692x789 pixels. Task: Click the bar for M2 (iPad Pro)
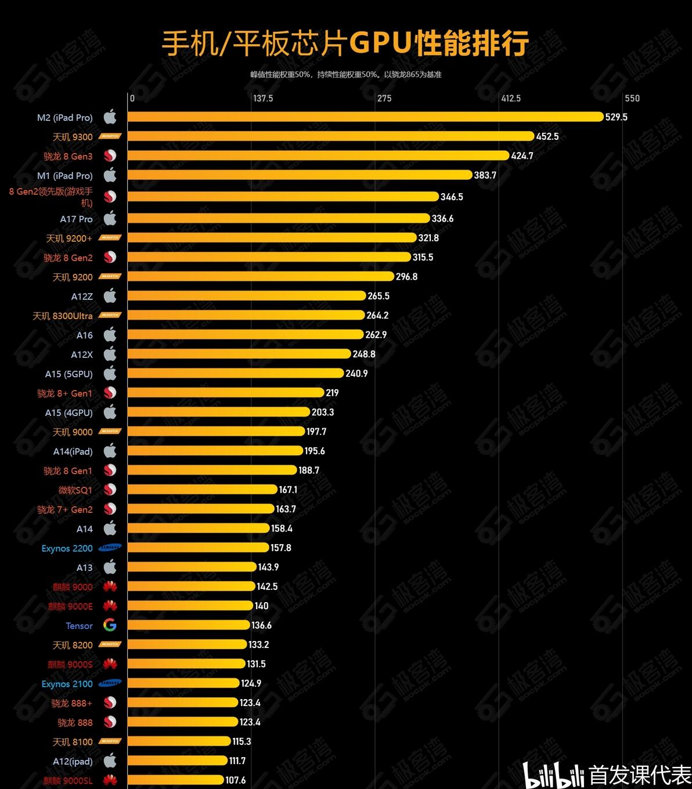coord(366,117)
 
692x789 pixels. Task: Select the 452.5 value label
coord(547,136)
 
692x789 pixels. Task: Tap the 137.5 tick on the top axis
coord(262,98)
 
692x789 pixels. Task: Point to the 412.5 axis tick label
coord(510,98)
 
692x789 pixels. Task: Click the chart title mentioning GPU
coord(345,44)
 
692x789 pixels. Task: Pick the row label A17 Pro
coord(76,219)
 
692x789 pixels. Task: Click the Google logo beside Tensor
coord(110,625)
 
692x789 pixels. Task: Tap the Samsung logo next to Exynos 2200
coord(110,548)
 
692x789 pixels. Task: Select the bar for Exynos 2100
coord(183,683)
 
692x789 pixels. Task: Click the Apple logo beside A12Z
coord(110,296)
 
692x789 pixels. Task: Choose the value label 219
coord(332,393)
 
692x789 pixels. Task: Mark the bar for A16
coord(245,335)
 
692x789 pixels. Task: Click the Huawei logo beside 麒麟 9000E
coord(110,606)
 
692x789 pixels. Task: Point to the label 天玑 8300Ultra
coord(62,316)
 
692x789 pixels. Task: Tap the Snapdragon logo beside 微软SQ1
coord(110,490)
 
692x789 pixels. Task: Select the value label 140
coord(261,606)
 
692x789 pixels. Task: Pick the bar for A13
coord(192,567)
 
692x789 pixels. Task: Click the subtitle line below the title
coord(346,75)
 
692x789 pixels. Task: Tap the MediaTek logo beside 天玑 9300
coord(110,137)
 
